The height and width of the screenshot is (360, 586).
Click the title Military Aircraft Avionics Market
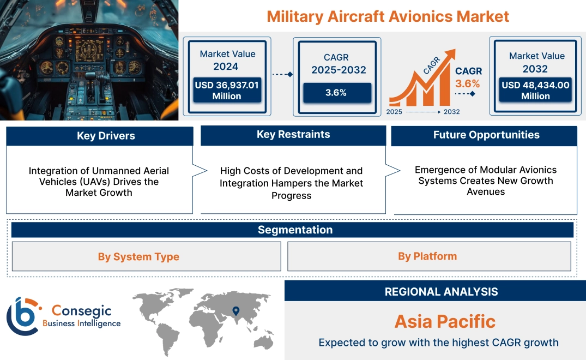[x=388, y=16]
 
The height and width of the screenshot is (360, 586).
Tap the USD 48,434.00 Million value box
[x=535, y=90]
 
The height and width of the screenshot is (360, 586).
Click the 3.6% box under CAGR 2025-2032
[x=336, y=93]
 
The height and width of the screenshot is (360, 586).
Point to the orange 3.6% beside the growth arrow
[x=468, y=83]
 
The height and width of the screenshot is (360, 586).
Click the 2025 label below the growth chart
[x=395, y=112]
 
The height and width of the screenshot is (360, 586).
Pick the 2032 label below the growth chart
[x=451, y=112]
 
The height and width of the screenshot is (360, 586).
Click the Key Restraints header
[x=293, y=135]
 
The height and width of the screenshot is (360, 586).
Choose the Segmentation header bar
[x=295, y=230]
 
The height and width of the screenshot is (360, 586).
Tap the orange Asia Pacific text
[x=445, y=321]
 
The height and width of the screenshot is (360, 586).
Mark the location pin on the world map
[x=235, y=311]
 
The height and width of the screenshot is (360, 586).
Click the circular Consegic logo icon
[x=22, y=316]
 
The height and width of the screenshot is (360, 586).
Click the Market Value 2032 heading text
[x=536, y=62]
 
